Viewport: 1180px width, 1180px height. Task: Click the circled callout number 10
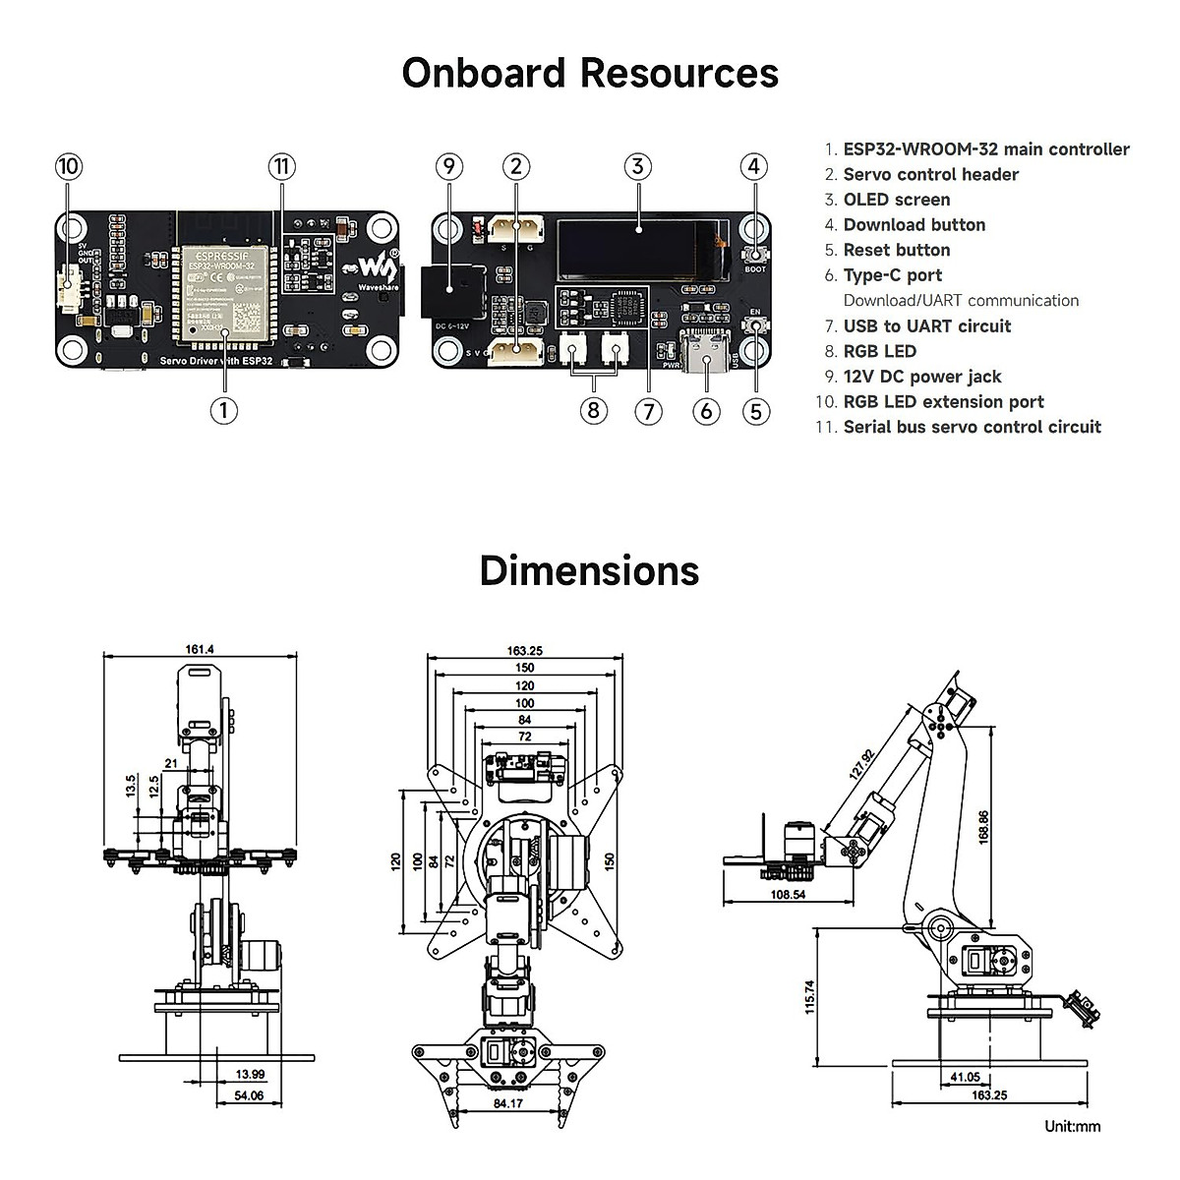[x=69, y=166]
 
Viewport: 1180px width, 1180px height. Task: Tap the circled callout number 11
[x=281, y=166]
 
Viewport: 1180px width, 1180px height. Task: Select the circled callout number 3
[x=637, y=166]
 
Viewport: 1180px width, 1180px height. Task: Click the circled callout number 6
[x=706, y=410]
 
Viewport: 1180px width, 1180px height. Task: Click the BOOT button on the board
[x=755, y=254]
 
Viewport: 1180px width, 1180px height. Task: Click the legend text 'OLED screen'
[x=896, y=200]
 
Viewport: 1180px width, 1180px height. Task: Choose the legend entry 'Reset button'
[x=896, y=250]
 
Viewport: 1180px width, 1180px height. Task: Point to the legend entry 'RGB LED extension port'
[x=943, y=401]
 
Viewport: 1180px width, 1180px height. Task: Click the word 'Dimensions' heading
[x=589, y=571]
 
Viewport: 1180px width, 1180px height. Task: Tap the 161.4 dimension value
[x=200, y=649]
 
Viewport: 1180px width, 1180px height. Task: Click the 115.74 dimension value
[x=810, y=996]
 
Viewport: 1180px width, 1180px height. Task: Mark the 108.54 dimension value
[x=788, y=895]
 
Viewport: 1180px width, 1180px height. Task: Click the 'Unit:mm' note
[x=1073, y=1126]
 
